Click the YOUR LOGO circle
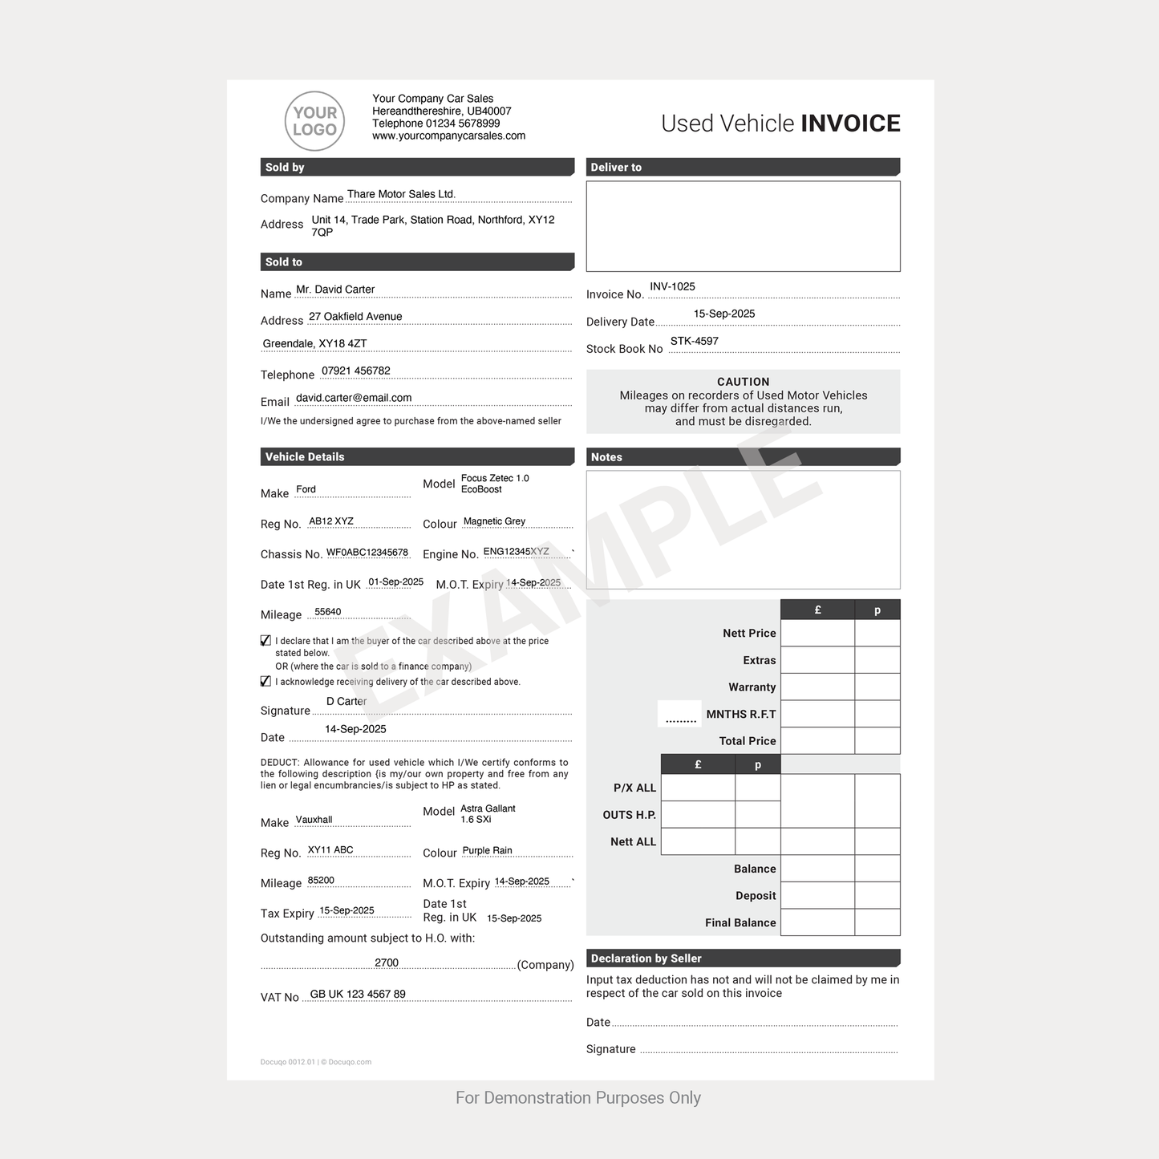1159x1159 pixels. click(314, 121)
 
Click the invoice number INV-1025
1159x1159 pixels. click(672, 286)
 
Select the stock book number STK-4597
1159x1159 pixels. click(694, 341)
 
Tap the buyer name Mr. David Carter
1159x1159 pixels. click(334, 290)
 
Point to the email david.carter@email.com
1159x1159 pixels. click(353, 398)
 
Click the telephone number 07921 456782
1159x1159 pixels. click(355, 371)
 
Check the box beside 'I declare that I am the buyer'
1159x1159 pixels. click(265, 641)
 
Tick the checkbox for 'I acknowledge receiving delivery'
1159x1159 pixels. click(265, 682)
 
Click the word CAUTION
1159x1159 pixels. click(743, 382)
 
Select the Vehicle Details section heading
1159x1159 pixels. click(305, 457)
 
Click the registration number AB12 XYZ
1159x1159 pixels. click(330, 521)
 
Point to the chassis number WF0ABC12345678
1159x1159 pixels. click(367, 553)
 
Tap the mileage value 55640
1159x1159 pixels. click(327, 612)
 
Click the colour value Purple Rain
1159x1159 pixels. click(487, 850)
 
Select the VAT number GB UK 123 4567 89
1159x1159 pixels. click(358, 994)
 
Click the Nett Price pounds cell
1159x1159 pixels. click(817, 633)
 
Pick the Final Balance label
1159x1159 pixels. click(740, 922)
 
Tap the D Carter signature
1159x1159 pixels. click(346, 701)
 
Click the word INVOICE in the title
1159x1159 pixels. click(850, 124)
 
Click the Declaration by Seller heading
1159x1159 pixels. click(646, 958)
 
